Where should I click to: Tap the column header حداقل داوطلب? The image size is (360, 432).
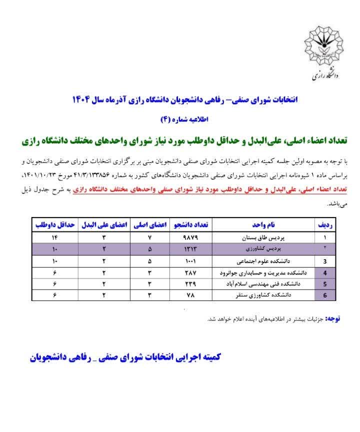[55, 225]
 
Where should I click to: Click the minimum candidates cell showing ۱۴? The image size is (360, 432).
[55, 237]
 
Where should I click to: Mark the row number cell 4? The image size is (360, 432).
[325, 273]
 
